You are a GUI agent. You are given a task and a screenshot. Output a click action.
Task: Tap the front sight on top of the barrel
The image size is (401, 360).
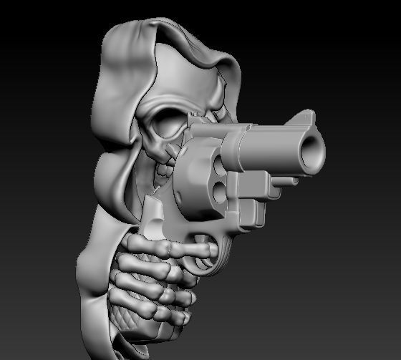coord(310,115)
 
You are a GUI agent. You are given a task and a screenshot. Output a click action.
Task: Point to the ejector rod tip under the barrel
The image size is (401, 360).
coord(294,181)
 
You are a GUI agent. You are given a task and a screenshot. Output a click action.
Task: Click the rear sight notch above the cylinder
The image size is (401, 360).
coord(197,125)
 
